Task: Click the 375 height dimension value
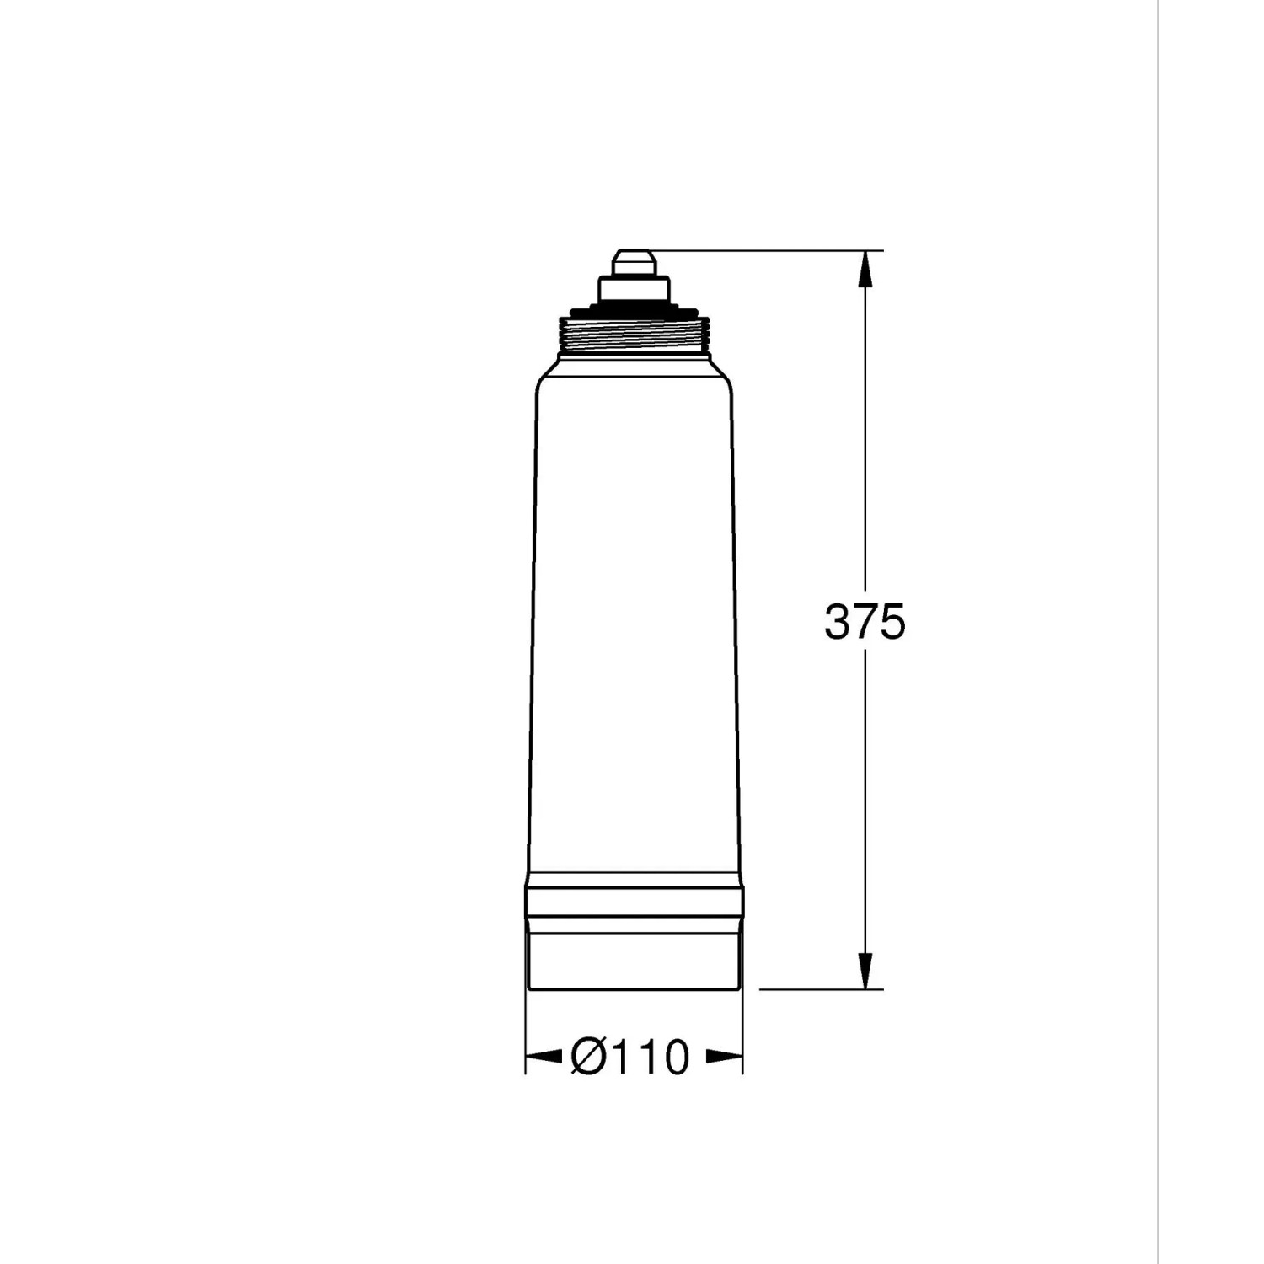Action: pos(865,622)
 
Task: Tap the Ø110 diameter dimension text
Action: pos(629,1057)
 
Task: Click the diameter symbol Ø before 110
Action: pos(587,1057)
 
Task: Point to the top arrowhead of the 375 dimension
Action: pos(865,270)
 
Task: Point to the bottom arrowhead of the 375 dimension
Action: pos(865,970)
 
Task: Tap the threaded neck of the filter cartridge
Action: pos(634,339)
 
